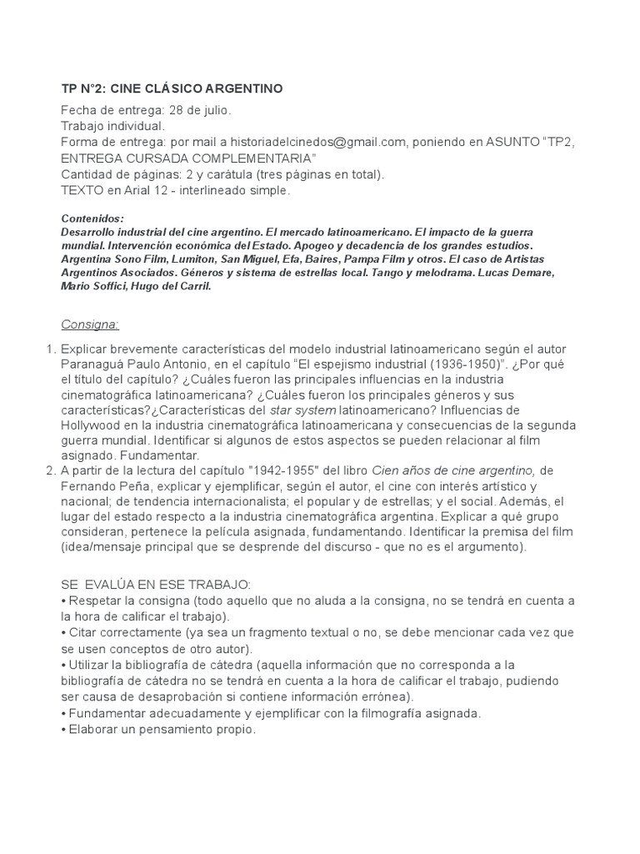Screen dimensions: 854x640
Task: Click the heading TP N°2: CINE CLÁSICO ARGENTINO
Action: click(172, 88)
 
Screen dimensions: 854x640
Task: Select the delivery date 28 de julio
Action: click(198, 110)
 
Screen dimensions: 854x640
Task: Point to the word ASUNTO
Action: click(510, 143)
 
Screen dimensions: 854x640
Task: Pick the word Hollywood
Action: click(95, 425)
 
